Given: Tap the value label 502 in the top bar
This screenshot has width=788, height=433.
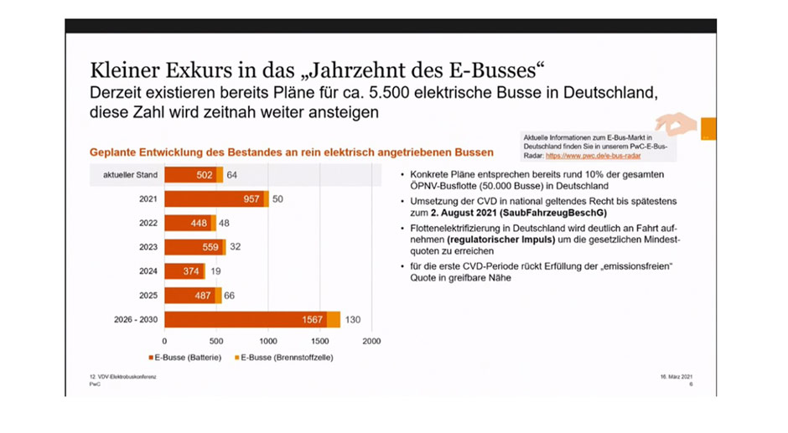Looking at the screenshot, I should coord(203,175).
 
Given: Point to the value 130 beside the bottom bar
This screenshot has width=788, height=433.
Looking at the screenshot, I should coord(355,319).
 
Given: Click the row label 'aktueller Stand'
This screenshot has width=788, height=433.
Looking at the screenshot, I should coord(125,175).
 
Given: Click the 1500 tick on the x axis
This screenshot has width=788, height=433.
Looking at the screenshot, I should coord(319,341).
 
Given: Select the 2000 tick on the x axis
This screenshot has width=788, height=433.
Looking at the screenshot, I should coord(371,341).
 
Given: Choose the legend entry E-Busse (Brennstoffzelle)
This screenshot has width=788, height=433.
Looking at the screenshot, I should coord(282,358).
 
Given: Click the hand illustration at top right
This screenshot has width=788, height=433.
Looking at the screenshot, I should coord(677,124).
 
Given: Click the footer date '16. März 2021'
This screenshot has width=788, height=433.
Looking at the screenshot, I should coord(676,377).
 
